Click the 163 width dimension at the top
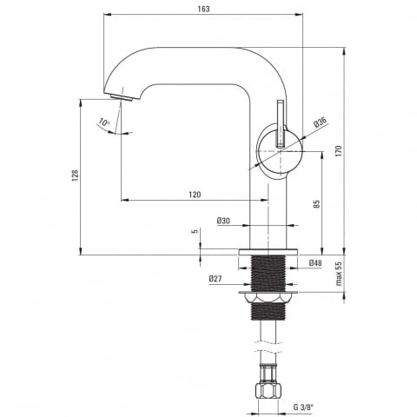[x=203, y=9]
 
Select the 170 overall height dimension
[x=339, y=151]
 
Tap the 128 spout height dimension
[x=76, y=175]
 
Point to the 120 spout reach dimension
[x=195, y=195]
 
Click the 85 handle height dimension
[x=316, y=204]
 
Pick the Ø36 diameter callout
[x=320, y=122]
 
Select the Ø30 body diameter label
[x=223, y=221]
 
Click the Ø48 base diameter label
[x=315, y=263]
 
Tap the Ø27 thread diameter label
[x=215, y=279]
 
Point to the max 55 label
[x=339, y=274]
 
